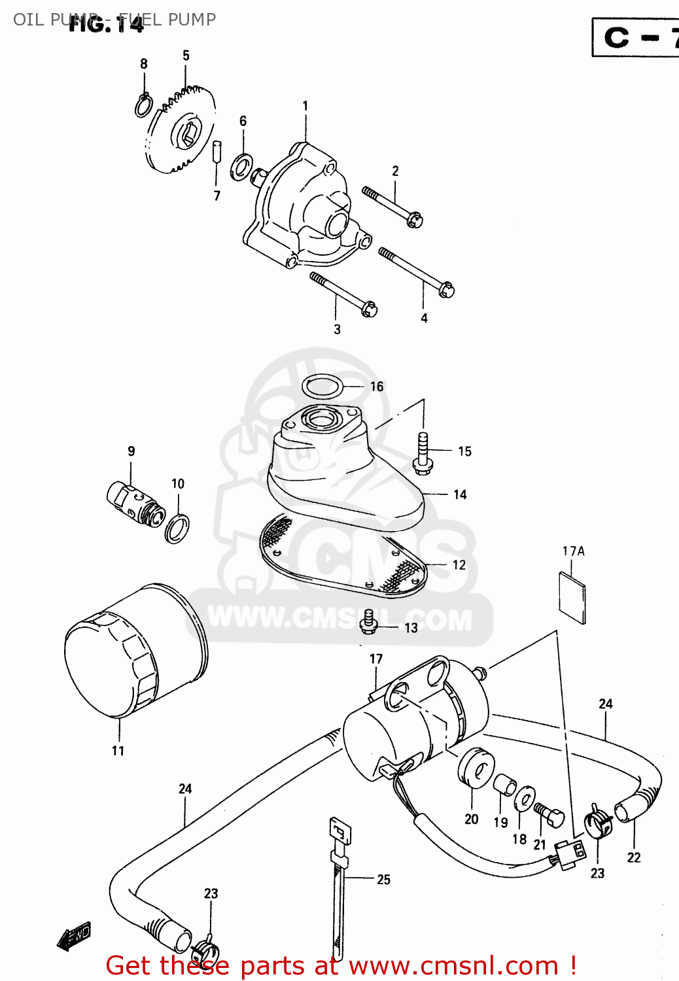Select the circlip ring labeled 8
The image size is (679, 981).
tap(144, 105)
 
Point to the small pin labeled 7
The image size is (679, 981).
tap(217, 152)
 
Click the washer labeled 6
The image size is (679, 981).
tap(242, 166)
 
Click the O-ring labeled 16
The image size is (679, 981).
tap(322, 386)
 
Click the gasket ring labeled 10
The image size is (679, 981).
tap(177, 528)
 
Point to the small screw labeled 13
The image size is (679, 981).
tap(370, 622)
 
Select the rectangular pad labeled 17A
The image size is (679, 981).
tap(572, 597)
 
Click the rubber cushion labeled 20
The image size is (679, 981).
tap(476, 770)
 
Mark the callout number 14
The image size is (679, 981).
tap(460, 494)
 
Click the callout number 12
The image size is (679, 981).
tap(459, 565)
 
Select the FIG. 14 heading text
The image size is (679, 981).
tap(106, 25)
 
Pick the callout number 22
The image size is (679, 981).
tap(633, 857)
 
